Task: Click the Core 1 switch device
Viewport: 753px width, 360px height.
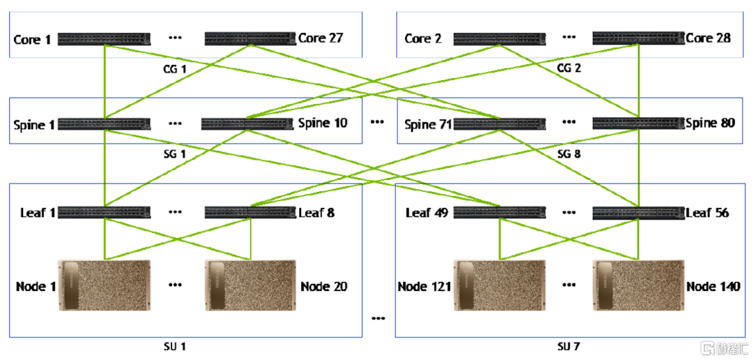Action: (104, 39)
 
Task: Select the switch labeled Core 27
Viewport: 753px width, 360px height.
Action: (250, 38)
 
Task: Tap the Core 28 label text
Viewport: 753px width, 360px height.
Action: (708, 38)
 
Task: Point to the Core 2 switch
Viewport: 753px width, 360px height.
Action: (499, 39)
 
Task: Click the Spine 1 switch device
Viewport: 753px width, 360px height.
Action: (104, 124)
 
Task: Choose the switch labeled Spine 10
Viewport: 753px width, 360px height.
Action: (246, 123)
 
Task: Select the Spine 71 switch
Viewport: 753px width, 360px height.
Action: (499, 124)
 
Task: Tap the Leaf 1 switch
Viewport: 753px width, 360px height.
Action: (104, 212)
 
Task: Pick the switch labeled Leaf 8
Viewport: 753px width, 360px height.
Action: (250, 212)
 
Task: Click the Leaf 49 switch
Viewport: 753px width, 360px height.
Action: (499, 212)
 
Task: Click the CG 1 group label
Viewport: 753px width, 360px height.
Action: (174, 68)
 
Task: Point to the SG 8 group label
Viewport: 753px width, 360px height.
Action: (569, 153)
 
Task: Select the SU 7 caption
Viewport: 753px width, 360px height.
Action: (569, 346)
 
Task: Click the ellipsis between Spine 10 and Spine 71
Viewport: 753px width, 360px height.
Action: (378, 123)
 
